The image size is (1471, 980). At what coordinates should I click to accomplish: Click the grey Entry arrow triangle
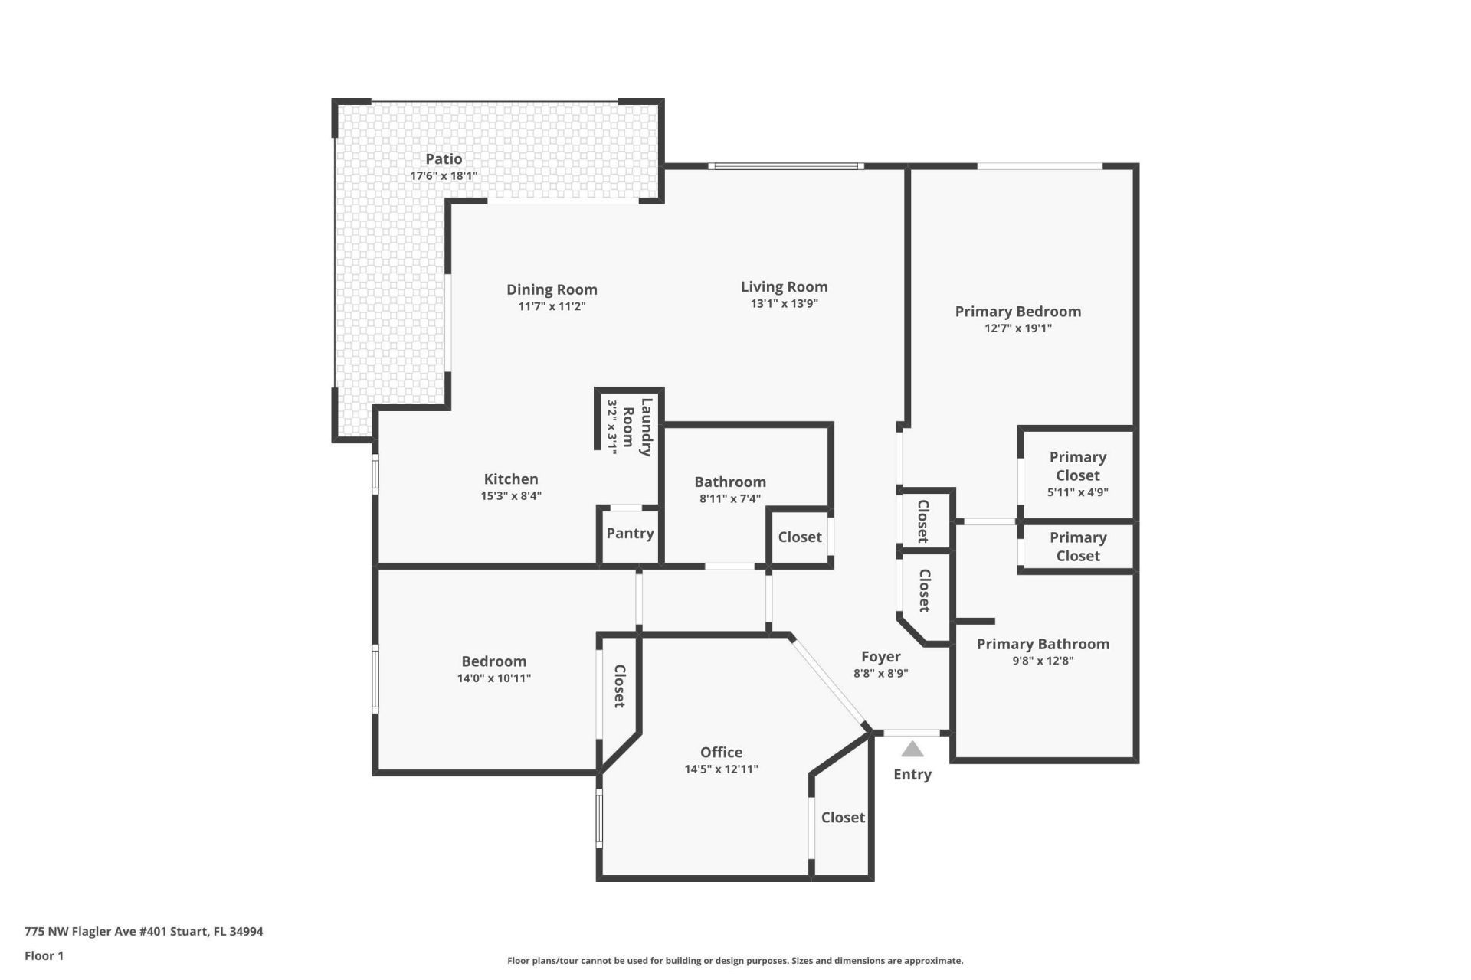coord(912,749)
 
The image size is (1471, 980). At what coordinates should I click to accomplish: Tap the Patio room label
coord(444,158)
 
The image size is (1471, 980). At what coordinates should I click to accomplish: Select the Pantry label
coord(630,533)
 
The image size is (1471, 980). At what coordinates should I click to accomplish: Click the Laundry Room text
coord(637,427)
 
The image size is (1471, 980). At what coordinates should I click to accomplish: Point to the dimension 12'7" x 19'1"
coord(1017,328)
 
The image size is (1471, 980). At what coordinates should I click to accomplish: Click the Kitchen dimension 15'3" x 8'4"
coord(511,495)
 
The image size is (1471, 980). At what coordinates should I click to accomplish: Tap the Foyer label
coord(880,656)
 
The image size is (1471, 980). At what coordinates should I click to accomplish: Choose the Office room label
coord(721,752)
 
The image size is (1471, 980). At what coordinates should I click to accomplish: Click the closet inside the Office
coord(843,818)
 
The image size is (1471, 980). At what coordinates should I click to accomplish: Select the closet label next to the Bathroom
coord(799,537)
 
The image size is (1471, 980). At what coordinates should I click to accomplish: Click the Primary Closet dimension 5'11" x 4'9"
coord(1077,492)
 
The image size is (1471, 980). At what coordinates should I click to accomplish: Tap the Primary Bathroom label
coord(1043,644)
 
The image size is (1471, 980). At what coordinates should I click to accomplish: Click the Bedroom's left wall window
coord(375,678)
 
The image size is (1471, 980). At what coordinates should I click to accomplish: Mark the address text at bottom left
coord(144,932)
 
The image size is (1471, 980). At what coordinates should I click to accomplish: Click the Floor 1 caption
coord(44,955)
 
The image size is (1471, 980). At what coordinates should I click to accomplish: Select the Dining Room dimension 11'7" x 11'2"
coord(552,306)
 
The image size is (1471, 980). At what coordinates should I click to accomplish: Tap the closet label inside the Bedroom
coord(619,685)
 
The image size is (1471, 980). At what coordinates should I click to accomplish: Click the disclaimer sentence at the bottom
coord(735,961)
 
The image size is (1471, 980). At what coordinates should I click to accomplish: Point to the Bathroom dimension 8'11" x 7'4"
coord(729,498)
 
